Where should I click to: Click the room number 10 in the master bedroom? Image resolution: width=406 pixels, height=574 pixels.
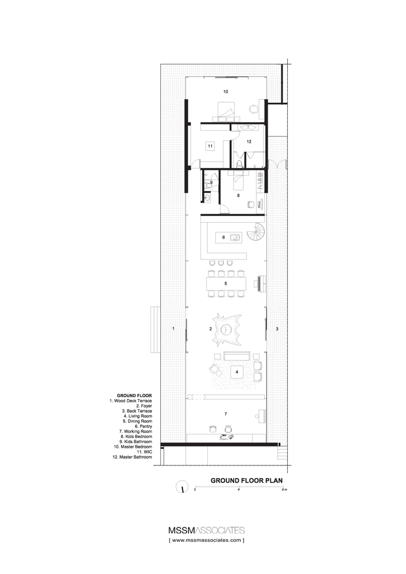tap(226, 91)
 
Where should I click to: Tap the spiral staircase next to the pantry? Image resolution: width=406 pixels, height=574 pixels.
tap(254, 234)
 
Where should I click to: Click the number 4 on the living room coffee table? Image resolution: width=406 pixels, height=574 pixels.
tap(237, 372)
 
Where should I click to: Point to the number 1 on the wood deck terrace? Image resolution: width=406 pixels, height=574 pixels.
tap(173, 328)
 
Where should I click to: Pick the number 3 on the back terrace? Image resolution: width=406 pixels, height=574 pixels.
tap(277, 328)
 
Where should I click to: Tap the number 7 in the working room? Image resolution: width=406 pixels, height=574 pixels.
tap(226, 413)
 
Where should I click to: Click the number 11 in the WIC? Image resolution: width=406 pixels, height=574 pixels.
tap(211, 146)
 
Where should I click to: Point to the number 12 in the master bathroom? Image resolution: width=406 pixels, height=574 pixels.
tap(249, 141)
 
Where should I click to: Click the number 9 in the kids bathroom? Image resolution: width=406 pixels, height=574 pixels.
tap(211, 183)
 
